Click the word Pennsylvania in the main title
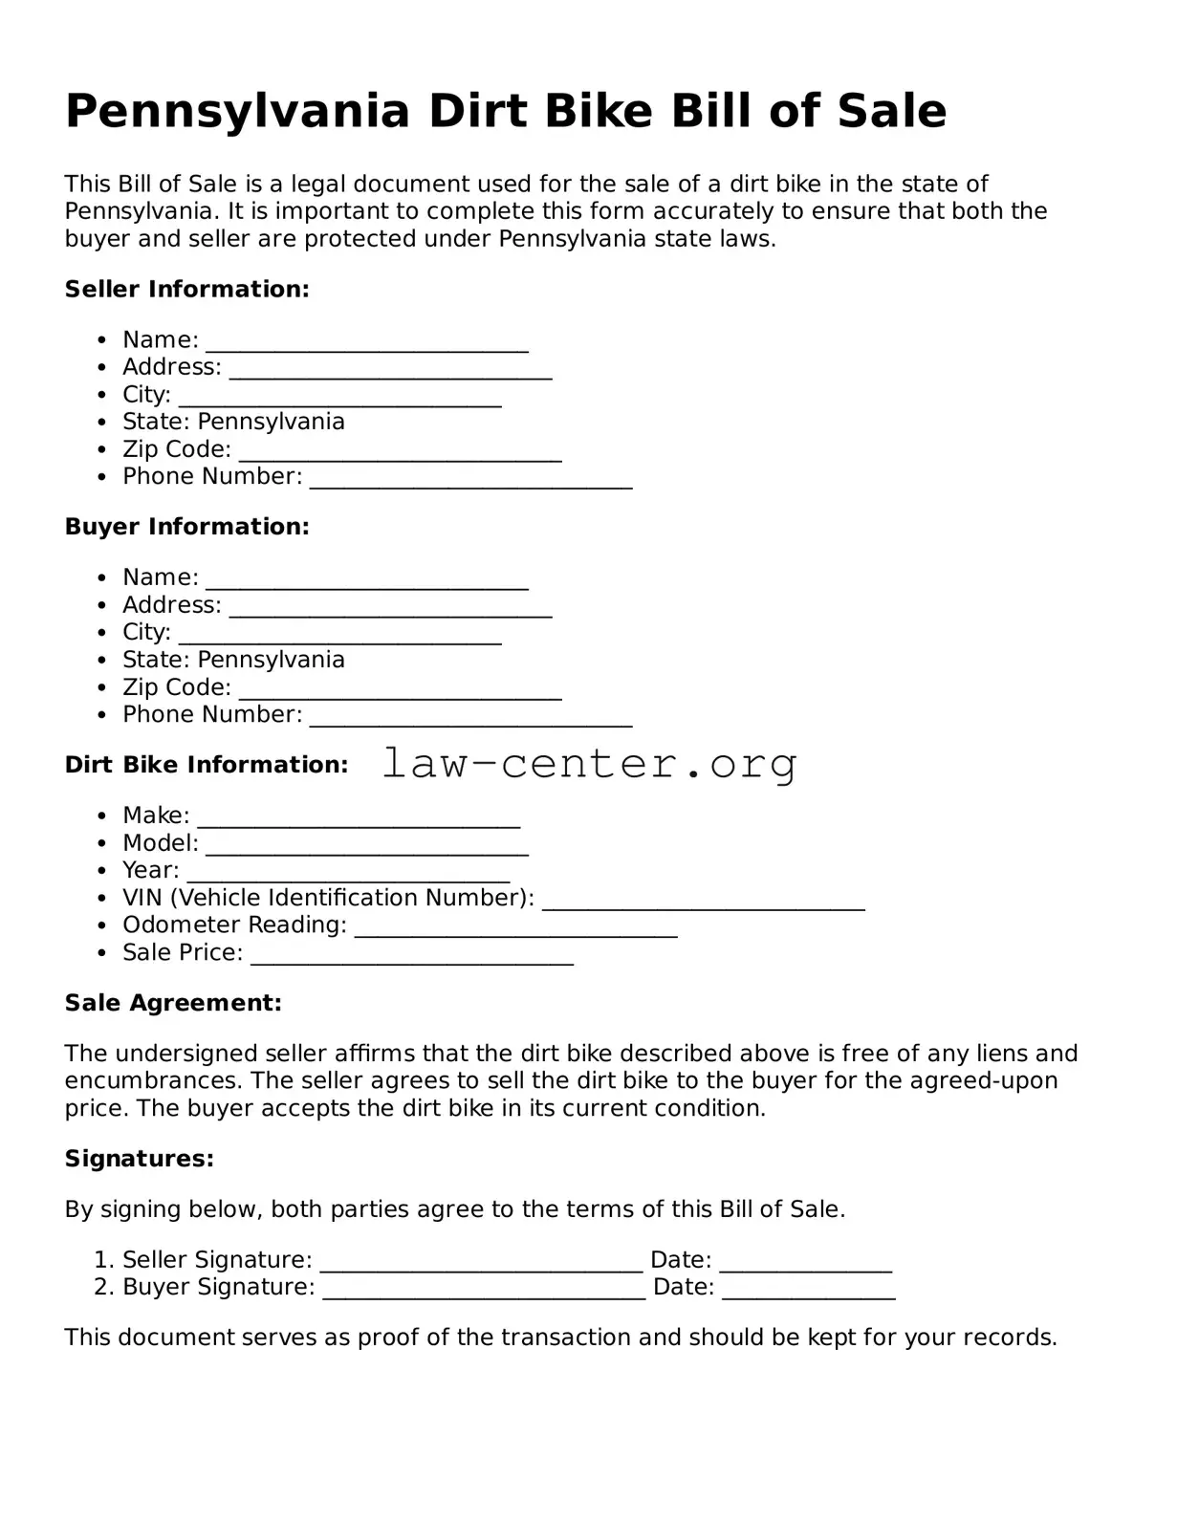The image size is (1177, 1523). coord(237,113)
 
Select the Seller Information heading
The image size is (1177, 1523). coord(186,290)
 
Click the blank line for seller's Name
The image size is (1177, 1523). coord(367,343)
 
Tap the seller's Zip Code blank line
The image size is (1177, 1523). coord(400,453)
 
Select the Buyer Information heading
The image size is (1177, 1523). coord(186,527)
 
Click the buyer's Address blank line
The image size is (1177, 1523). coord(390,609)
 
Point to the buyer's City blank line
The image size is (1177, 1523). coord(339,636)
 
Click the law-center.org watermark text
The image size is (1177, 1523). coord(589,764)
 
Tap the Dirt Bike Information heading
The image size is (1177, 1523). coord(206,765)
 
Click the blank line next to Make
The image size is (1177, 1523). coord(359,819)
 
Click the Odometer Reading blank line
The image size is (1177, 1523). coord(515,928)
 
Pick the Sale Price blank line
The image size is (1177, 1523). coord(411,956)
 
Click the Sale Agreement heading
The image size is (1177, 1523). coord(173,1003)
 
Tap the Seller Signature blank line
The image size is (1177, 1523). coord(481,1264)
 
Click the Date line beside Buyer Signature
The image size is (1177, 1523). coord(808,1291)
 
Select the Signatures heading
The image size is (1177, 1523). coord(139,1159)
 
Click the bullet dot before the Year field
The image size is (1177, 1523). coord(102,871)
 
